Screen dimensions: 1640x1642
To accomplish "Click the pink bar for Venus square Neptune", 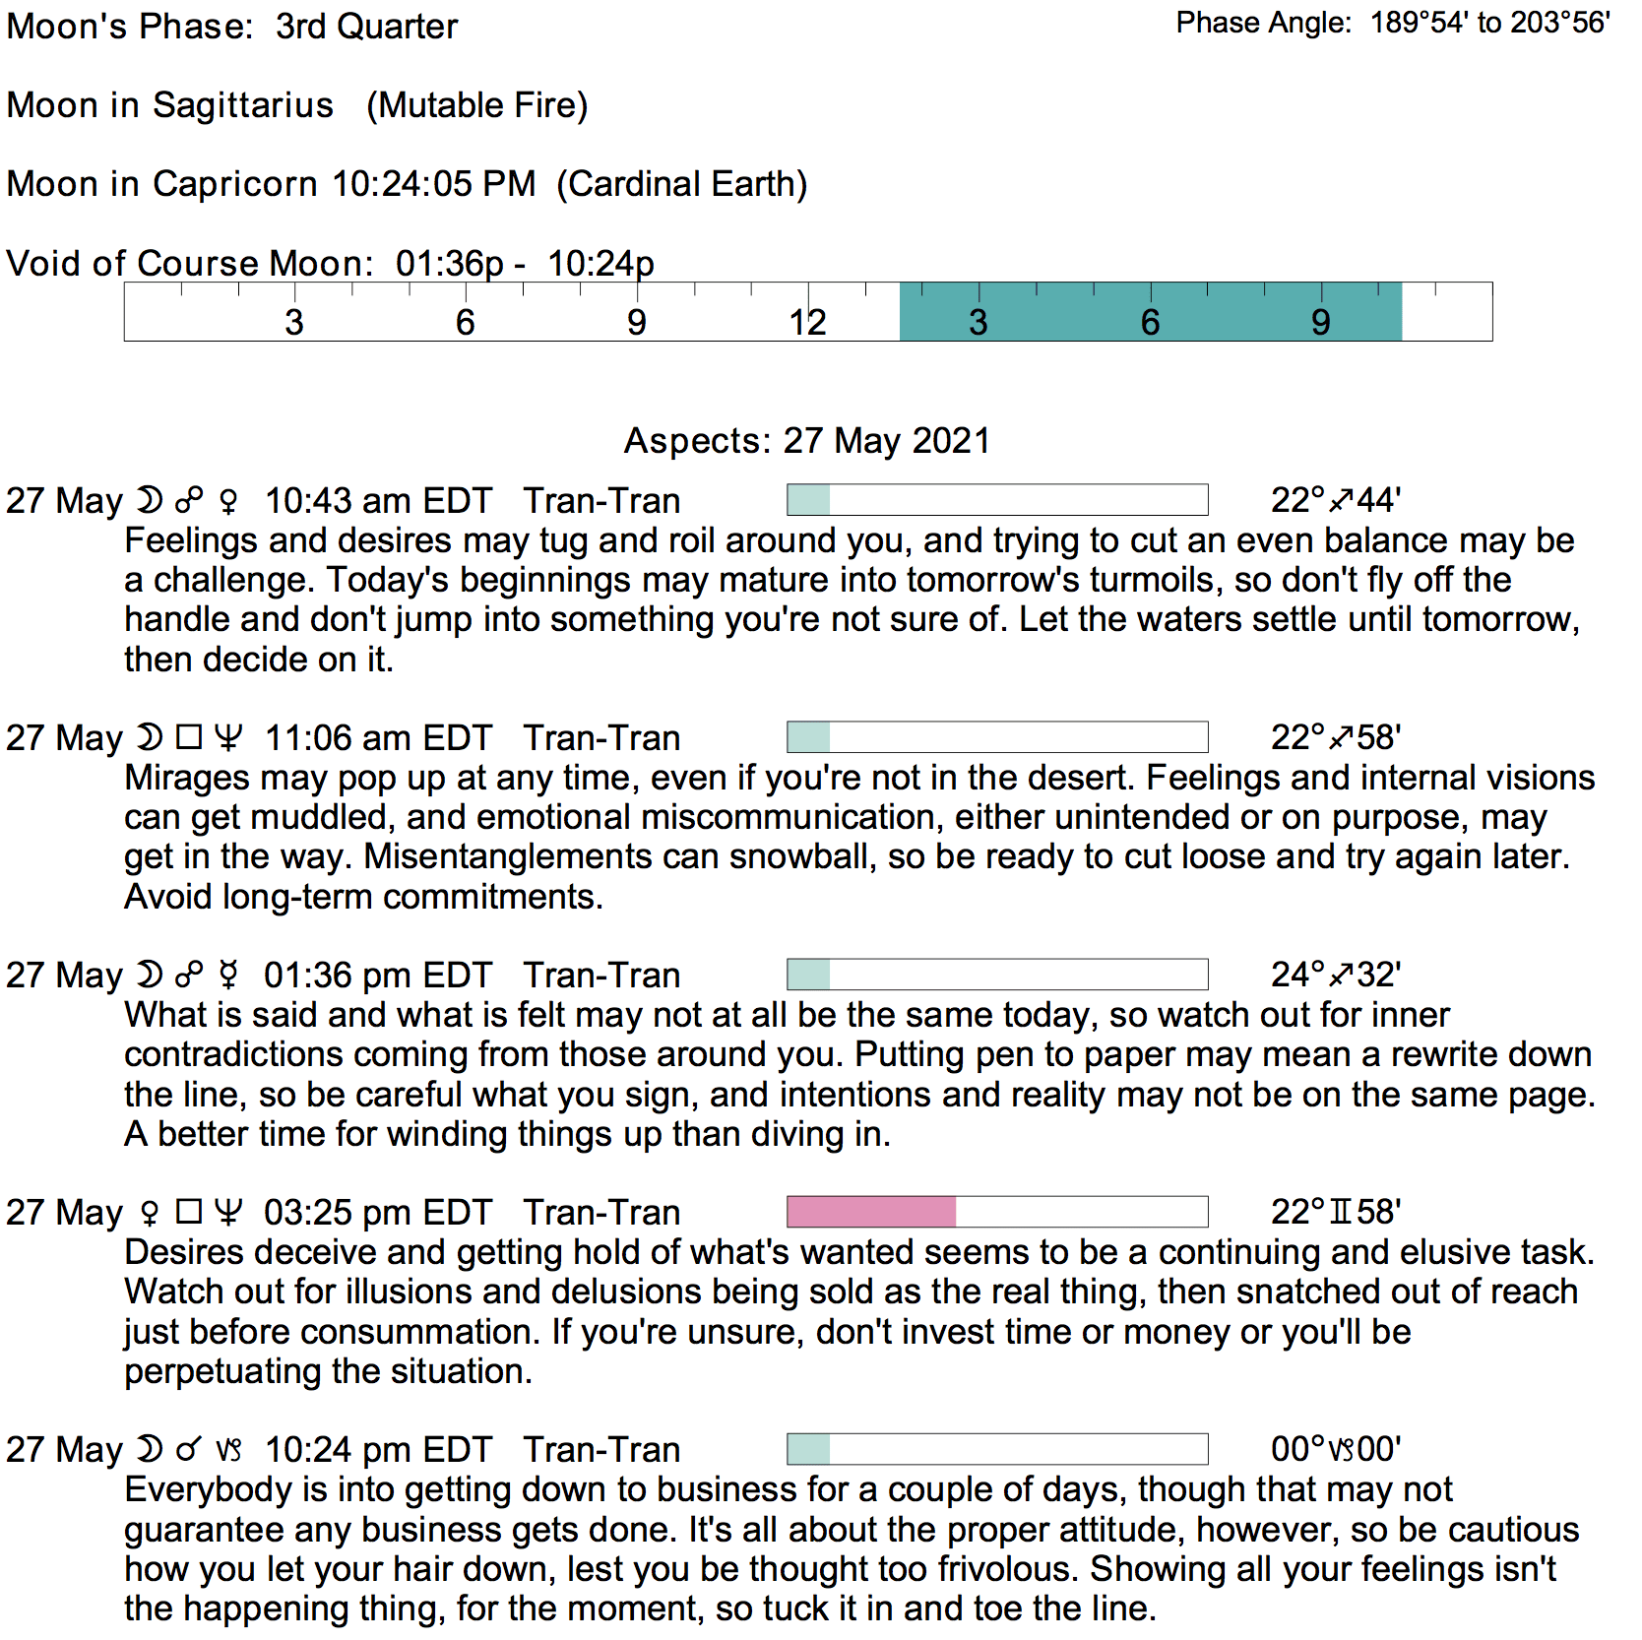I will click(x=871, y=1212).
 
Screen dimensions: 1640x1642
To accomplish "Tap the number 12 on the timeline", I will click(x=807, y=322).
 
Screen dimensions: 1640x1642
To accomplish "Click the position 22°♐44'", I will click(x=1335, y=501).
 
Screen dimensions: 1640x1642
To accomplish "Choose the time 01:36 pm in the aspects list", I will click(x=326, y=976).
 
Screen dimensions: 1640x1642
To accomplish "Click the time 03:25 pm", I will click(x=326, y=1213).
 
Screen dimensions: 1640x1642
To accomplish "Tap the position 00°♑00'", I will click(x=1335, y=1450).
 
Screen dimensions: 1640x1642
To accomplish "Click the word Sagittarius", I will click(x=243, y=105).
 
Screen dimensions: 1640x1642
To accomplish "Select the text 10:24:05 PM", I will click(x=434, y=184).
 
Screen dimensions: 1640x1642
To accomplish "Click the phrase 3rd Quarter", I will click(x=366, y=27).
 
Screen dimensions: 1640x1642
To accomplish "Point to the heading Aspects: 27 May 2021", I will click(x=807, y=440).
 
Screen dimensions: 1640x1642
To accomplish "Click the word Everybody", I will click(x=208, y=1489).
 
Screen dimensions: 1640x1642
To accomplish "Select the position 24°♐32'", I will click(x=1335, y=976).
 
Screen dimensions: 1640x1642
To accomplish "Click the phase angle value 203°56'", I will click(x=1560, y=23).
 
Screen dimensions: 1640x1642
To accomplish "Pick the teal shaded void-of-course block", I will click(x=1150, y=312).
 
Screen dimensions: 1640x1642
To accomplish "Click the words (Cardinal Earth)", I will click(x=681, y=184).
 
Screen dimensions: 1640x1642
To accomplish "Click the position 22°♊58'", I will click(x=1335, y=1213).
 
